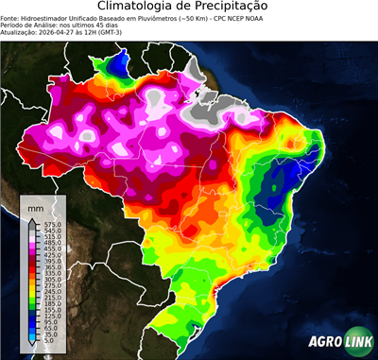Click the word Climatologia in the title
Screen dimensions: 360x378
[141, 7]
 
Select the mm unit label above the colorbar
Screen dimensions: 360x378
[36, 206]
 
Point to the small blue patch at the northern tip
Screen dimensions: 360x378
[120, 64]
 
